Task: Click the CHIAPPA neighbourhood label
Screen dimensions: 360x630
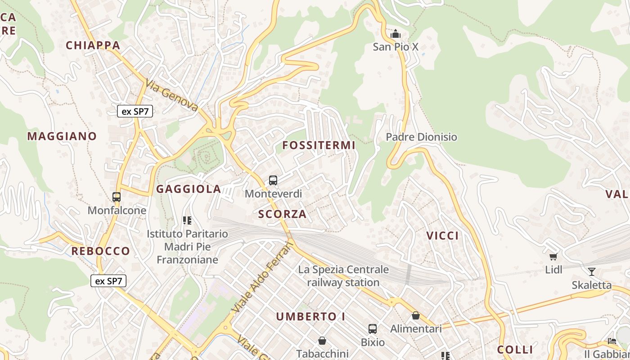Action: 93,45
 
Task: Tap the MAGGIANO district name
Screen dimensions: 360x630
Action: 62,136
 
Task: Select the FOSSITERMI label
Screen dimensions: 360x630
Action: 319,145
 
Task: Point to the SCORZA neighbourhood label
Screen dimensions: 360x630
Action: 283,214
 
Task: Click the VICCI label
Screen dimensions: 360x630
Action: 443,235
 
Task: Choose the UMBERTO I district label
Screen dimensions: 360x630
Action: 310,316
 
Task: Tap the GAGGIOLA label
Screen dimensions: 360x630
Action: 189,189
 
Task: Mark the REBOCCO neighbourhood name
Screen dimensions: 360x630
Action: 101,251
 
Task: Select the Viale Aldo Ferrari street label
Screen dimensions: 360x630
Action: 263,277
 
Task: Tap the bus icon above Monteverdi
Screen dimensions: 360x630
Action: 273,180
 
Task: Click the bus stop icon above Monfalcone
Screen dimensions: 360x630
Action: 117,197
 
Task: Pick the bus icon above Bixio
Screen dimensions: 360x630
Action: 373,328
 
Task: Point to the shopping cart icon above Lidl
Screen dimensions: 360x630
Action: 553,256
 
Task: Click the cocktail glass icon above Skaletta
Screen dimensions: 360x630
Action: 591,271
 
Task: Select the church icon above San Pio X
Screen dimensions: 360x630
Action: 396,34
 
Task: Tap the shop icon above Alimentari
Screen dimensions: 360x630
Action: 416,315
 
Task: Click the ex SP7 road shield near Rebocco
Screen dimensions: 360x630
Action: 108,281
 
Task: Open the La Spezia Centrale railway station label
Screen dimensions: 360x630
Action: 343,276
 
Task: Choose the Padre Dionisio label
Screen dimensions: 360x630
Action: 422,137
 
